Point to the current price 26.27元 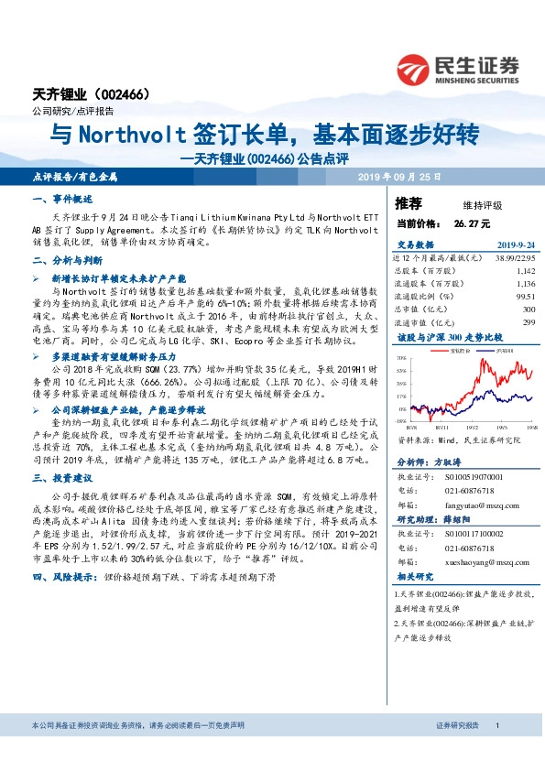coord(472,223)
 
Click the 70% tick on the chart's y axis coord(401,357)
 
